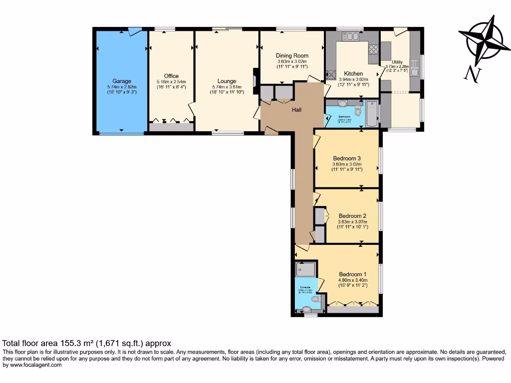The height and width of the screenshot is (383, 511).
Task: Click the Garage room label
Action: point(122,81)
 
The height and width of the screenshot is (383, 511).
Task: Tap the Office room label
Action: point(171,76)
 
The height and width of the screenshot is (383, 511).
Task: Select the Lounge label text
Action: point(227,81)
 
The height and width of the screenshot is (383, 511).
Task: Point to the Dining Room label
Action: point(292,56)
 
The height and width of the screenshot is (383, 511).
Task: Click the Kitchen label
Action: point(353,74)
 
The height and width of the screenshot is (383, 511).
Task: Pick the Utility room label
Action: point(397,62)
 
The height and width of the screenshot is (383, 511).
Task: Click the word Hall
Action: point(297,110)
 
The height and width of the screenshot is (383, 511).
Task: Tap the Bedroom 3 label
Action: point(347,159)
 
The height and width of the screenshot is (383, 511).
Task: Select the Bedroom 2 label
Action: point(352,216)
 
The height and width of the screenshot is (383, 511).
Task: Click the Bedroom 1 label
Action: point(352,274)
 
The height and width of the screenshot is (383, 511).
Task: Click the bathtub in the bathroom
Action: point(372,113)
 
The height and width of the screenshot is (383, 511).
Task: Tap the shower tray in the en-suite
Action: point(305,270)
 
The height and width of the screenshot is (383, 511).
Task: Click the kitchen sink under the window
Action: point(351,36)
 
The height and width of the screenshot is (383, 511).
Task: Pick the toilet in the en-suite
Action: point(315,299)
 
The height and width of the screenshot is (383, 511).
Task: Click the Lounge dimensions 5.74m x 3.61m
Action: point(227,87)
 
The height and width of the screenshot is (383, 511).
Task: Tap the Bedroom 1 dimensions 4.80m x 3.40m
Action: point(352,280)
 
